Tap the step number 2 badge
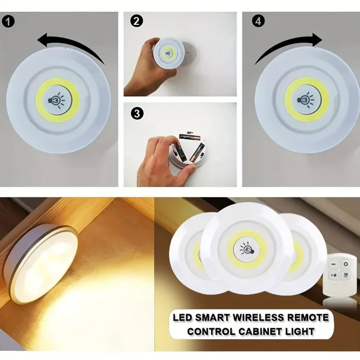[135, 22]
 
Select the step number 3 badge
[136, 114]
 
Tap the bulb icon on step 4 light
[307, 99]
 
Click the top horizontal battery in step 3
[189, 137]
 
